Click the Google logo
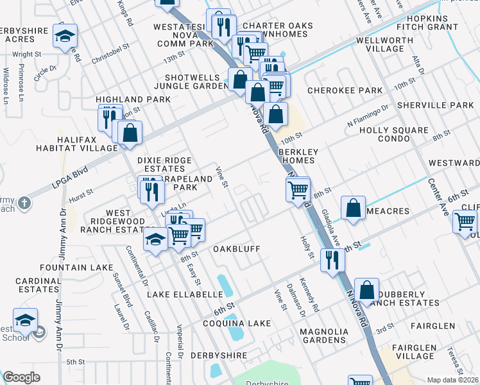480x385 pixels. point(21,377)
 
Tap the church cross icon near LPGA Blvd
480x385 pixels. point(24,203)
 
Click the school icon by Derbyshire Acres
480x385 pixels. point(65,37)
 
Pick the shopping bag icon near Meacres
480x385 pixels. point(353,208)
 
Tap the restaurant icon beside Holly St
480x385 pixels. point(332,260)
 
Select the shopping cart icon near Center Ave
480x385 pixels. point(465,222)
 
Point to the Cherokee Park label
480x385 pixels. point(345,90)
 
